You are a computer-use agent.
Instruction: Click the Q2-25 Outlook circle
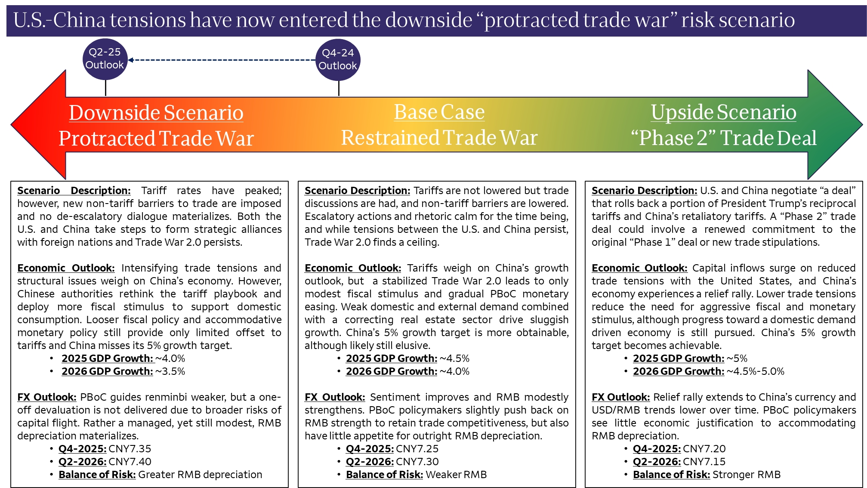[105, 59]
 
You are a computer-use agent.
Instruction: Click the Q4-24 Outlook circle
[338, 60]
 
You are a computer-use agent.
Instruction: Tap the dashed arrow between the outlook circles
[222, 60]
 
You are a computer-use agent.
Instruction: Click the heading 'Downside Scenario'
[156, 113]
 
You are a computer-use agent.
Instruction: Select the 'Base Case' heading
[439, 112]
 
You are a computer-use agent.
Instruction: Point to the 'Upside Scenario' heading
[723, 112]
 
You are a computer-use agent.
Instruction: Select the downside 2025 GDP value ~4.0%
[170, 358]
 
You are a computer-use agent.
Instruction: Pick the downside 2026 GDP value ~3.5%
[170, 371]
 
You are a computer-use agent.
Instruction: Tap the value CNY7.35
[130, 449]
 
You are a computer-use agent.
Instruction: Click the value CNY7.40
[130, 462]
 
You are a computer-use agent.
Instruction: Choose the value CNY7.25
[417, 449]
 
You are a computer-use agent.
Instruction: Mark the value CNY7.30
[417, 462]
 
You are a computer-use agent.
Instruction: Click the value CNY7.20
[704, 449]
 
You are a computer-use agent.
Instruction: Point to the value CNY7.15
[704, 462]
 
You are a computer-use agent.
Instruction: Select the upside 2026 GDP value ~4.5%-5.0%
[755, 371]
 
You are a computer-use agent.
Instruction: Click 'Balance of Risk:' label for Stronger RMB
[671, 475]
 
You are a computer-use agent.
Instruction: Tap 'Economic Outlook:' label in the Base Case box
[353, 268]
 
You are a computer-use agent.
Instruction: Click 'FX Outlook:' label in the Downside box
[47, 397]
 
